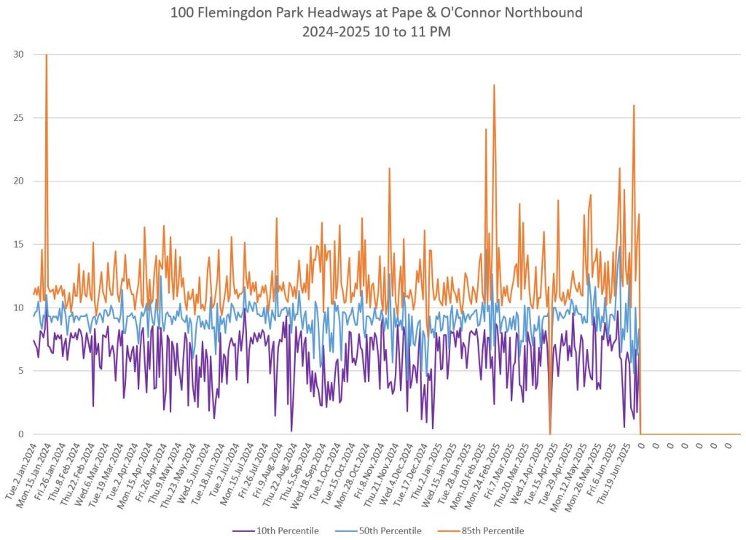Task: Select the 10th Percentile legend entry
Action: coord(287,531)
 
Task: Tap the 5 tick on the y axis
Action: coord(20,371)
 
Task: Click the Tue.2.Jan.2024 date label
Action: coord(22,470)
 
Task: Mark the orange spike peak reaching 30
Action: coord(47,55)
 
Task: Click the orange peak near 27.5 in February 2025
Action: coord(494,85)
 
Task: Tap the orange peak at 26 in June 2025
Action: coord(634,105)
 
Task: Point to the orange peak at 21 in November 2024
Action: coord(390,168)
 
